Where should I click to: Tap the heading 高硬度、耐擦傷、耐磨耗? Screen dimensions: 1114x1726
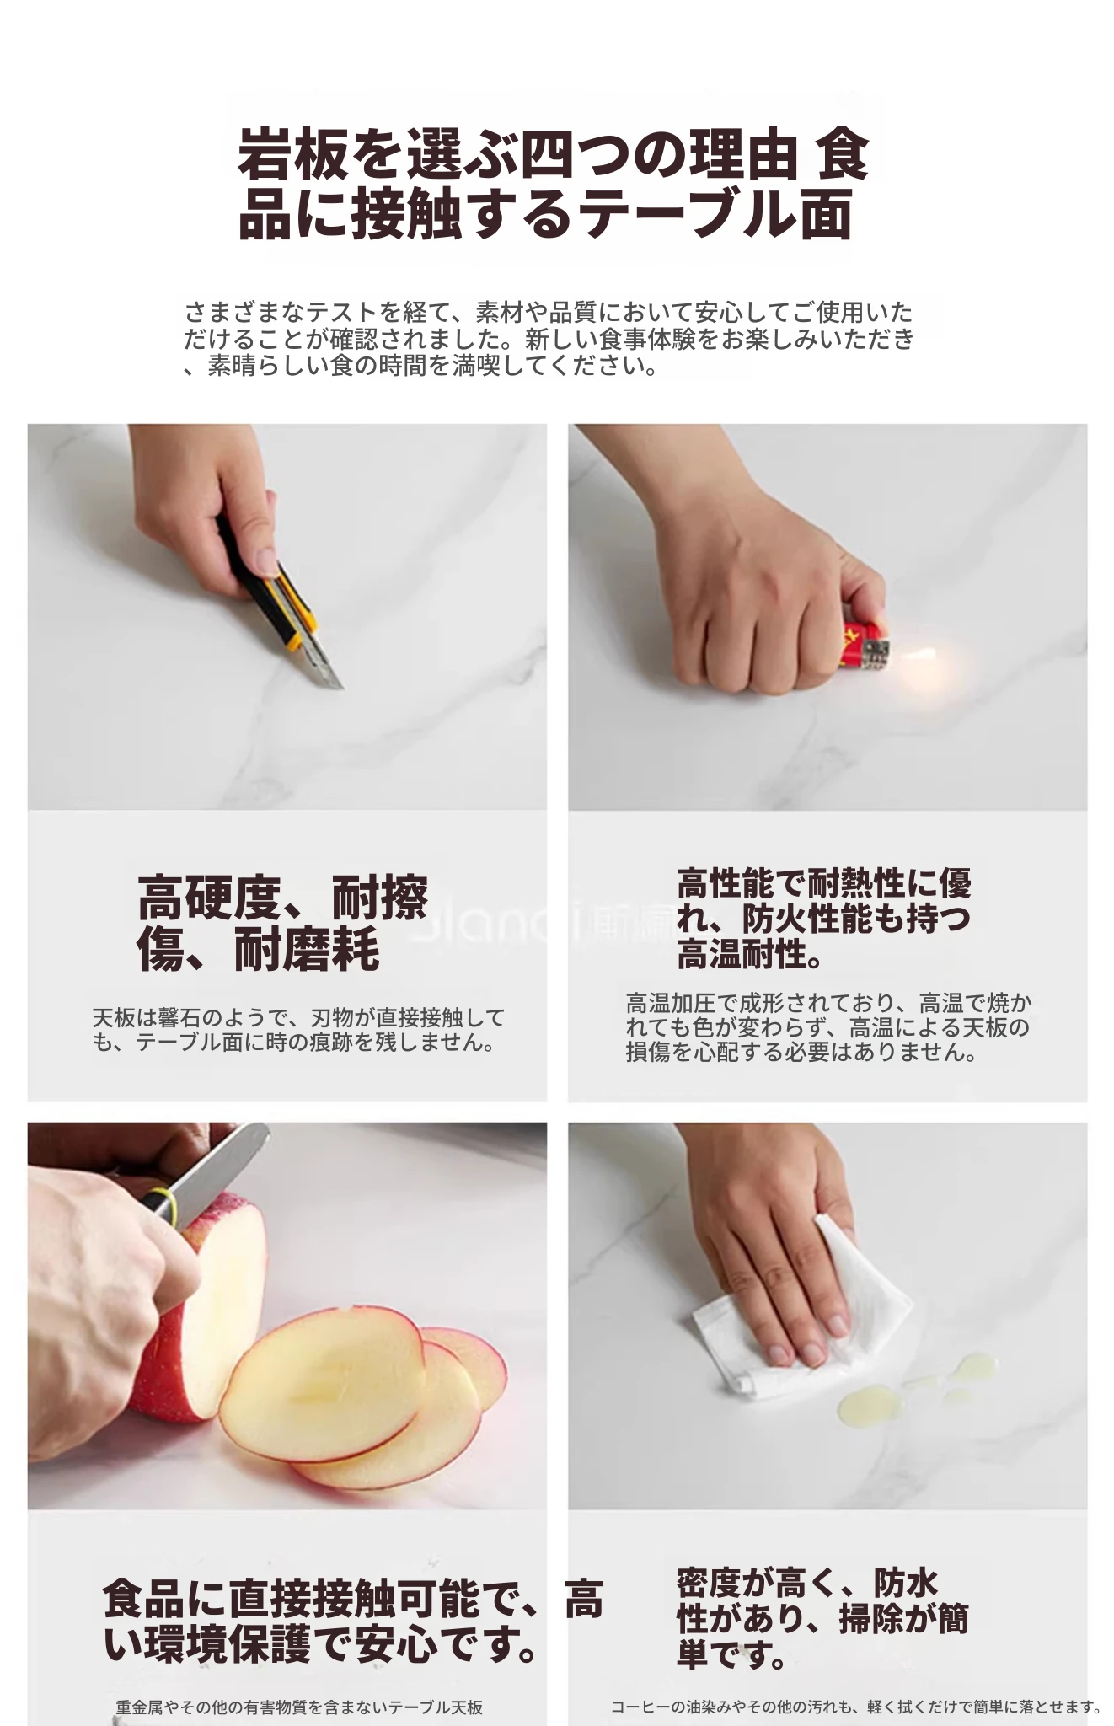coord(283,923)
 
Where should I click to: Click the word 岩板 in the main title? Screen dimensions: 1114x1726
coord(292,154)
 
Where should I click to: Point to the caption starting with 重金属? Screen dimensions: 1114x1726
coord(299,1707)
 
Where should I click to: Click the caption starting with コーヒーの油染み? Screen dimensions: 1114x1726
coord(856,1707)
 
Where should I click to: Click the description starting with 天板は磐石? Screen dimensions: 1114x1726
coord(298,1030)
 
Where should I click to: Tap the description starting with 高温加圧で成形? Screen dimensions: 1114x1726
coord(828,1027)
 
